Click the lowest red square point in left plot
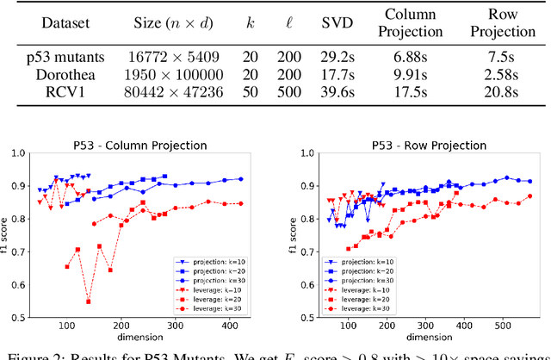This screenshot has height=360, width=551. point(88,301)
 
